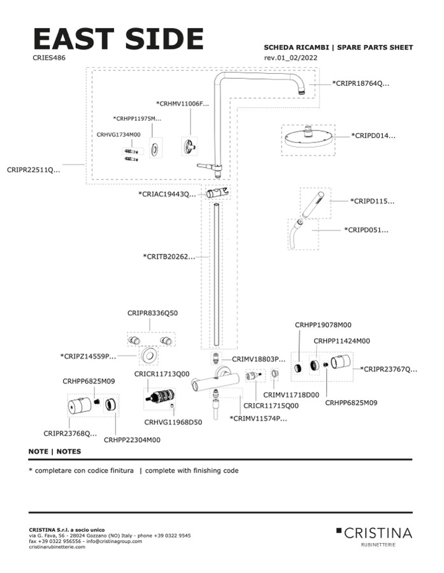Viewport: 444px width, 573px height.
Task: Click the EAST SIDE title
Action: tap(118, 38)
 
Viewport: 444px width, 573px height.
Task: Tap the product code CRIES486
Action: tap(49, 58)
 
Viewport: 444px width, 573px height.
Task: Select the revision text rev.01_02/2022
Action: tap(290, 58)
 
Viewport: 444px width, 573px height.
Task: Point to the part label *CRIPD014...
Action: tap(373, 135)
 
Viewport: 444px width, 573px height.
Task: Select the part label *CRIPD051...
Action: tap(366, 230)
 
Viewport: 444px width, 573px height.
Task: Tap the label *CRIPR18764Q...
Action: tap(361, 83)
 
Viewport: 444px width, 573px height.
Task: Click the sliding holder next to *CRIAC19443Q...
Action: tap(217, 193)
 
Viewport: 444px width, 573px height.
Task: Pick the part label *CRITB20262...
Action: tap(169, 256)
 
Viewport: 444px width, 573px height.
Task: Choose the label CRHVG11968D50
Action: tap(173, 422)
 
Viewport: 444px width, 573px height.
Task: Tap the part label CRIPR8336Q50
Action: tap(153, 313)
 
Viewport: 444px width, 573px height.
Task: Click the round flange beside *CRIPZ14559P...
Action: tap(148, 356)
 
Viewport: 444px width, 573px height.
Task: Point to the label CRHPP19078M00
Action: tap(323, 325)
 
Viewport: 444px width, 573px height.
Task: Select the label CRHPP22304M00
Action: tap(132, 440)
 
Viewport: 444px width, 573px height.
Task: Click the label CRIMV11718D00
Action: tap(291, 395)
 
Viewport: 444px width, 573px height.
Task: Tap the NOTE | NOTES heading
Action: tap(55, 452)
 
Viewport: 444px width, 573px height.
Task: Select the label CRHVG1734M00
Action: tap(118, 134)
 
